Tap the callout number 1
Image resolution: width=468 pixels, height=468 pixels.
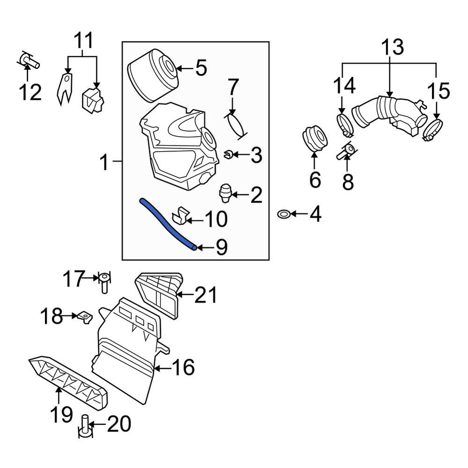click(105, 163)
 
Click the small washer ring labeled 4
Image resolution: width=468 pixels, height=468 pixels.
click(284, 214)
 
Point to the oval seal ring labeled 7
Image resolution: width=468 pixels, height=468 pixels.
click(237, 125)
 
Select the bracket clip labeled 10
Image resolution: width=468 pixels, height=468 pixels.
click(180, 214)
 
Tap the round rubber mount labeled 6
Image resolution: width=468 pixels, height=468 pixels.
click(315, 139)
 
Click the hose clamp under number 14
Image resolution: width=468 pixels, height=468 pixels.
click(345, 124)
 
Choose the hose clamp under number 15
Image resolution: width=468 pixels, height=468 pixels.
click(433, 130)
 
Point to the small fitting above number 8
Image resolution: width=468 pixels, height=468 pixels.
click(346, 151)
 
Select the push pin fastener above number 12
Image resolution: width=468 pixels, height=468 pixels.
click(29, 60)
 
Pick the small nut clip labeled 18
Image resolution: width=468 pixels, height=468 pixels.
click(85, 318)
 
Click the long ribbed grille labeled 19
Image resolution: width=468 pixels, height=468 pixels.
click(68, 382)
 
